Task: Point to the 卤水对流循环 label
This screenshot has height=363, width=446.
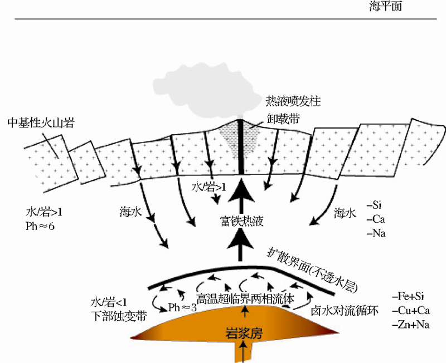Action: (x=345, y=311)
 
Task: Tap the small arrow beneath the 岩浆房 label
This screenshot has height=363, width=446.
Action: (x=243, y=350)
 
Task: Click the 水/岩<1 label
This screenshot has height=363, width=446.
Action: (x=110, y=303)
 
